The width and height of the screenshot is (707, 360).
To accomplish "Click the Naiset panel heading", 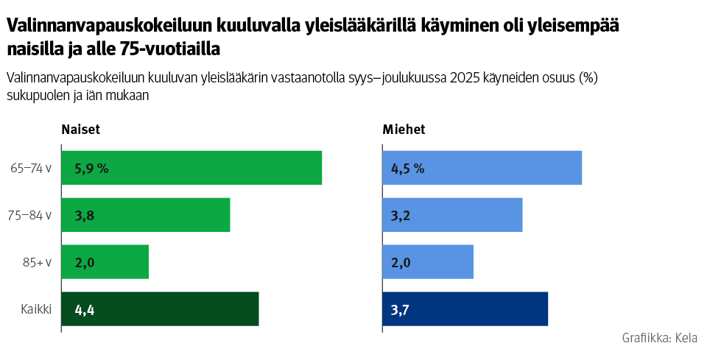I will (80, 130).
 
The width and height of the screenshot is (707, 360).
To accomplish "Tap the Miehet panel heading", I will (404, 130).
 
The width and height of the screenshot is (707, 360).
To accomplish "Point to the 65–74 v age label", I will (31, 168).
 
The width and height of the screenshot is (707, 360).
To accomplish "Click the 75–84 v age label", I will (31, 215).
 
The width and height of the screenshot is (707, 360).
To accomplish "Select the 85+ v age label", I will (36, 262).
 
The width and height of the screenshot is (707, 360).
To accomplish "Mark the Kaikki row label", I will (35, 309).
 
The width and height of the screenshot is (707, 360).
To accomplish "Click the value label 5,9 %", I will (91, 169).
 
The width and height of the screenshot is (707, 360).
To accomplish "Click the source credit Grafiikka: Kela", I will (659, 338).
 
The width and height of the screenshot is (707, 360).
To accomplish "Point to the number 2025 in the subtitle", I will (465, 78).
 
